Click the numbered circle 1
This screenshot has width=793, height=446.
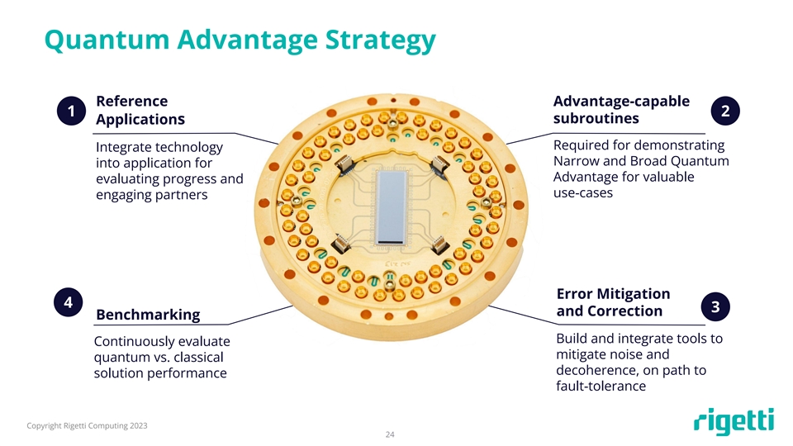pos(71,111)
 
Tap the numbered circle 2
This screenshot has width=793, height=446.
pos(725,111)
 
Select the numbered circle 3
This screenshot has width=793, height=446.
pos(715,306)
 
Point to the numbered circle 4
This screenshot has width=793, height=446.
pos(69,302)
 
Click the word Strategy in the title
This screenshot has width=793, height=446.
pos(380,40)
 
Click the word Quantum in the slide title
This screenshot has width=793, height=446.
pos(107,40)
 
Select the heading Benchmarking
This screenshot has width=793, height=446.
pos(148,315)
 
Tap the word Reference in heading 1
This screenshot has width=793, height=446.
pos(132,101)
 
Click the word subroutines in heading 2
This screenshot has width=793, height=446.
pos(596,118)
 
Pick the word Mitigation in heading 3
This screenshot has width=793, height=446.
pos(634,294)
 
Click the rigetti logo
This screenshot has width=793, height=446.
pos(734,420)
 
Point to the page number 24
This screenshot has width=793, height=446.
pos(390,434)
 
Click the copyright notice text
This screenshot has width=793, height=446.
pos(87,426)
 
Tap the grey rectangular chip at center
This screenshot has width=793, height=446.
pos(392,208)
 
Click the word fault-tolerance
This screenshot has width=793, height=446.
pos(601,386)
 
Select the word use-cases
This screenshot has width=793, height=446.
pos(583,192)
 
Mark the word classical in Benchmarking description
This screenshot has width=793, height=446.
pos(198,357)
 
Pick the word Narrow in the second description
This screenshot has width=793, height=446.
pos(576,161)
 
